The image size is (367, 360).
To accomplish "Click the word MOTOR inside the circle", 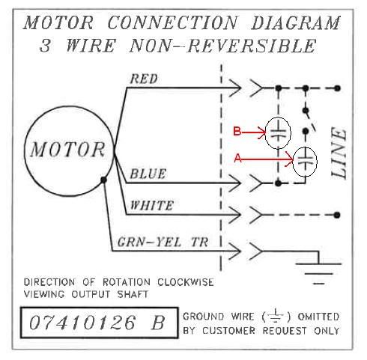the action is tap(67, 150).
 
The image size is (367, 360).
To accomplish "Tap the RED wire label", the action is tap(144, 79).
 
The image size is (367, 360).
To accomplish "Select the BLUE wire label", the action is tap(148, 174).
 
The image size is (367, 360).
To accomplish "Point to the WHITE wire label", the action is tap(151, 205).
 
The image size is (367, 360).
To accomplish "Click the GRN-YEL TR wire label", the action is tap(163, 242).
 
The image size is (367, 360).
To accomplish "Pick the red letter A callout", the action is tap(238, 159).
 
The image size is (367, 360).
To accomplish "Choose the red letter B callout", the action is tap(237, 131).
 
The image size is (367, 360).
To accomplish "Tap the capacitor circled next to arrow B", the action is tap(278, 132).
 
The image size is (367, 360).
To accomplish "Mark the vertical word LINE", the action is tap(339, 153).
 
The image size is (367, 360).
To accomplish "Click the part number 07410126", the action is tap(82, 323).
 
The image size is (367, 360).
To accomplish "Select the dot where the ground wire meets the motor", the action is tap(103, 180).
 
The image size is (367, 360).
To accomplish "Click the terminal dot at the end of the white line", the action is tap(337, 215).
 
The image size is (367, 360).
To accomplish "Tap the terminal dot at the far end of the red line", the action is tap(337, 88).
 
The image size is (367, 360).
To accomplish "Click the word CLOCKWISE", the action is tap(185, 282).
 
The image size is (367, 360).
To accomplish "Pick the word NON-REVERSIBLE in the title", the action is tap(223, 46).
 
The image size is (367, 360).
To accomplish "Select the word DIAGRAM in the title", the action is tap(296, 22).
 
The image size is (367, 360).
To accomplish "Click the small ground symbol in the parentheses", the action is tap(276, 316).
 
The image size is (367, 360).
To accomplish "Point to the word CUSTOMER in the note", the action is tap(229, 331).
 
